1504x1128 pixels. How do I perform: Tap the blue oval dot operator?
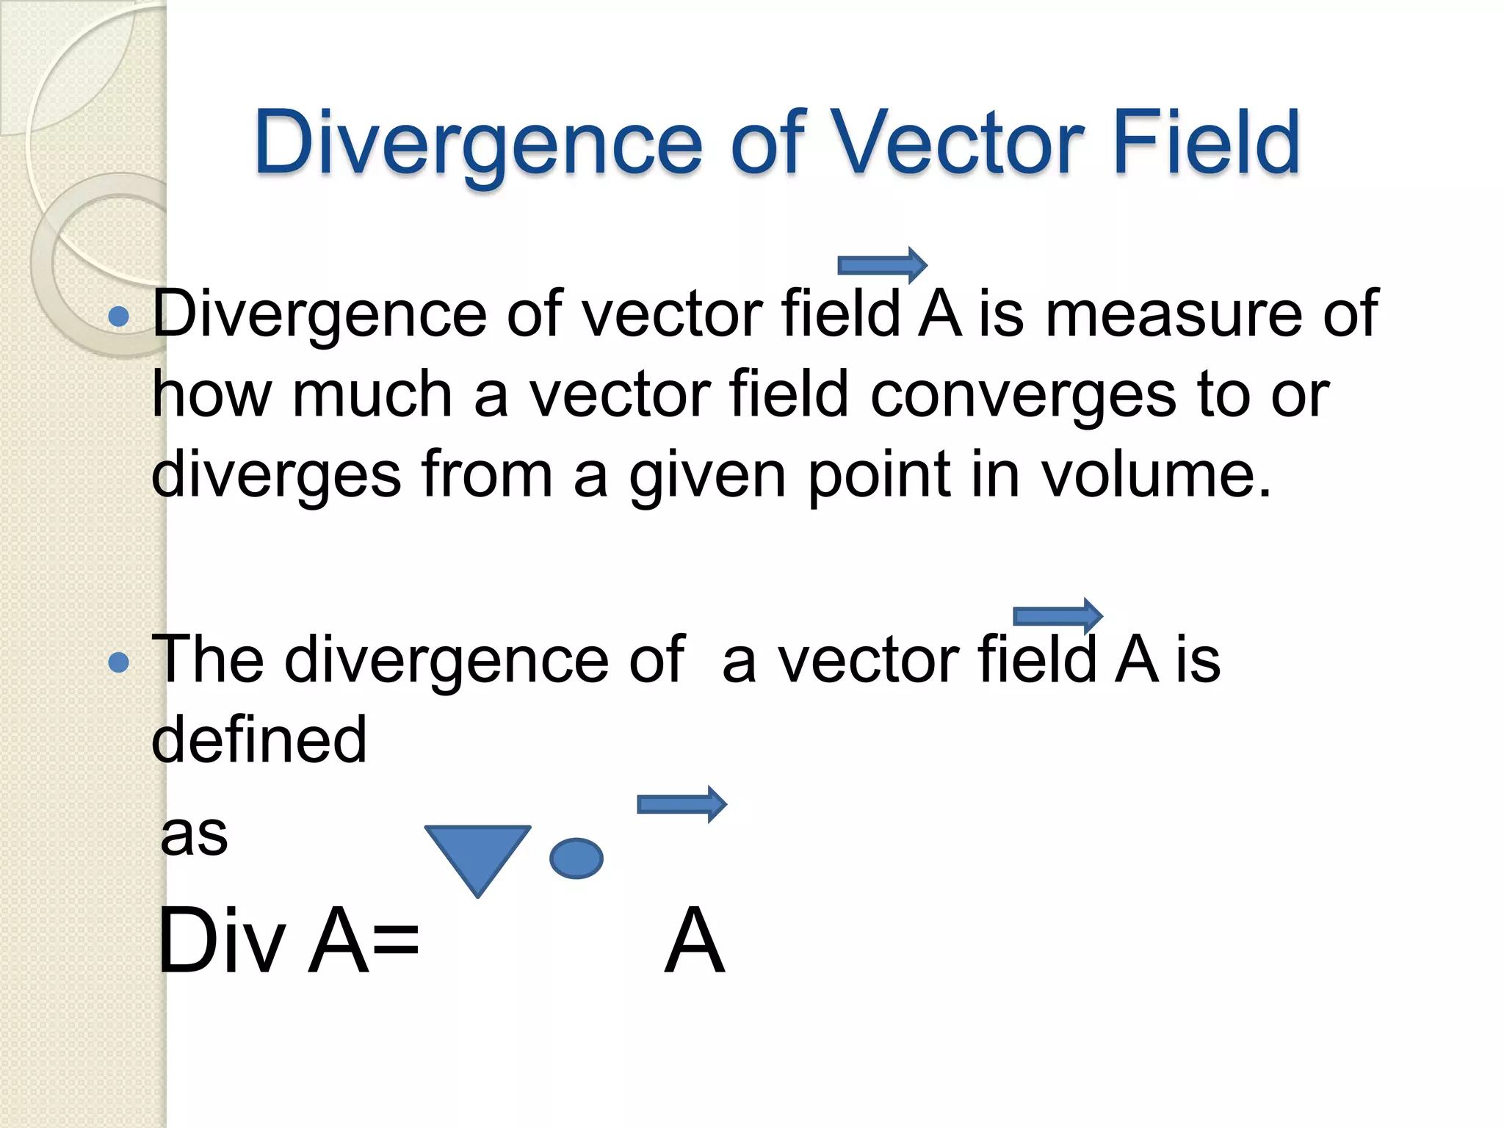tap(576, 858)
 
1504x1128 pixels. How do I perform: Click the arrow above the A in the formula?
tap(681, 804)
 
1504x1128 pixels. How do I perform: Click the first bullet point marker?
tap(118, 317)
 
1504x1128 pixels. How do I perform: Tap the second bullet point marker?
tap(118, 663)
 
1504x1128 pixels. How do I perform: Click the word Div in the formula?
tap(221, 941)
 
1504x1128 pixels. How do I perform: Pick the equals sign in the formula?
tap(395, 941)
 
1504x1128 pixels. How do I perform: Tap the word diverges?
tap(276, 476)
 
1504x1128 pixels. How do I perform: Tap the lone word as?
tap(194, 835)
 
